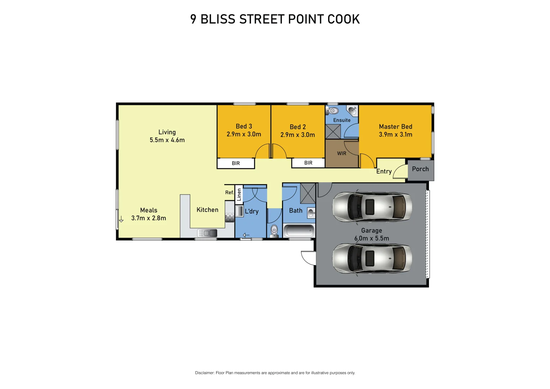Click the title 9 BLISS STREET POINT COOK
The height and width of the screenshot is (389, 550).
tap(275, 19)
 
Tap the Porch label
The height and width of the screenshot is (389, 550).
tap(420, 169)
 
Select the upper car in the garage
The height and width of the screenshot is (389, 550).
tap(372, 207)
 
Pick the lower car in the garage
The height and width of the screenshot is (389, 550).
tap(372, 259)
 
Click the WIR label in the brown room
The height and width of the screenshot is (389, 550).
tap(341, 153)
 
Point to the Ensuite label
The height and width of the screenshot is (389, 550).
tap(342, 120)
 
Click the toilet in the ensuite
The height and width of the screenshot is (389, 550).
tap(334, 111)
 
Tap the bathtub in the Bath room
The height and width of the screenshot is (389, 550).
tap(299, 231)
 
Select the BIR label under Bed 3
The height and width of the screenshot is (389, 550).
tap(236, 164)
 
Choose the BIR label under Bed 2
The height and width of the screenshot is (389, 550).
tap(308, 163)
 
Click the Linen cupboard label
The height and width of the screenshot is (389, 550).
tap(239, 195)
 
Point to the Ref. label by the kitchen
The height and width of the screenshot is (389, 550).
tap(229, 193)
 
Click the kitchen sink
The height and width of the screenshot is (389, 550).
tap(207, 233)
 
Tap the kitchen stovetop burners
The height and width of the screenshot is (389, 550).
tap(229, 218)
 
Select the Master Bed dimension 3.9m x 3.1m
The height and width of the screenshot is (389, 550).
tap(395, 135)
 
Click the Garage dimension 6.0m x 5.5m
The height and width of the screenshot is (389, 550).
tap(372, 238)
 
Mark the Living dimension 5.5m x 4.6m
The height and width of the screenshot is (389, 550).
tap(167, 140)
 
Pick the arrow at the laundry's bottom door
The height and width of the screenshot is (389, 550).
tap(246, 235)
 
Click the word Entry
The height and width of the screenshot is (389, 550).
tap(384, 171)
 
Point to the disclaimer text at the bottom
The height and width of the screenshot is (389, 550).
tap(275, 373)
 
